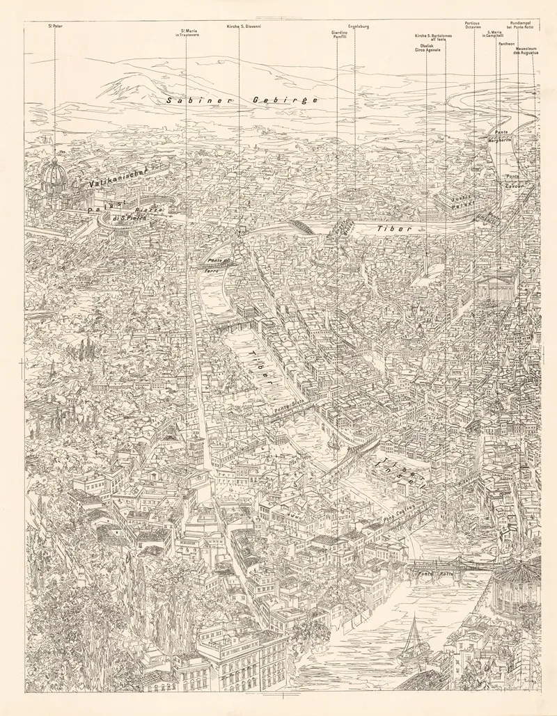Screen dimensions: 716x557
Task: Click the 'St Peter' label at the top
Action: pos(54,26)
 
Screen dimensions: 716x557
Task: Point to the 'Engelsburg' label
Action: pos(358,26)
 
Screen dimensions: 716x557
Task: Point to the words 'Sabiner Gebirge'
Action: pos(242,100)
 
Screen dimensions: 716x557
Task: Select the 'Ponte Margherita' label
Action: pos(499,136)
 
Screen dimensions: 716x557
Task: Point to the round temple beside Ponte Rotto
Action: pos(517,588)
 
